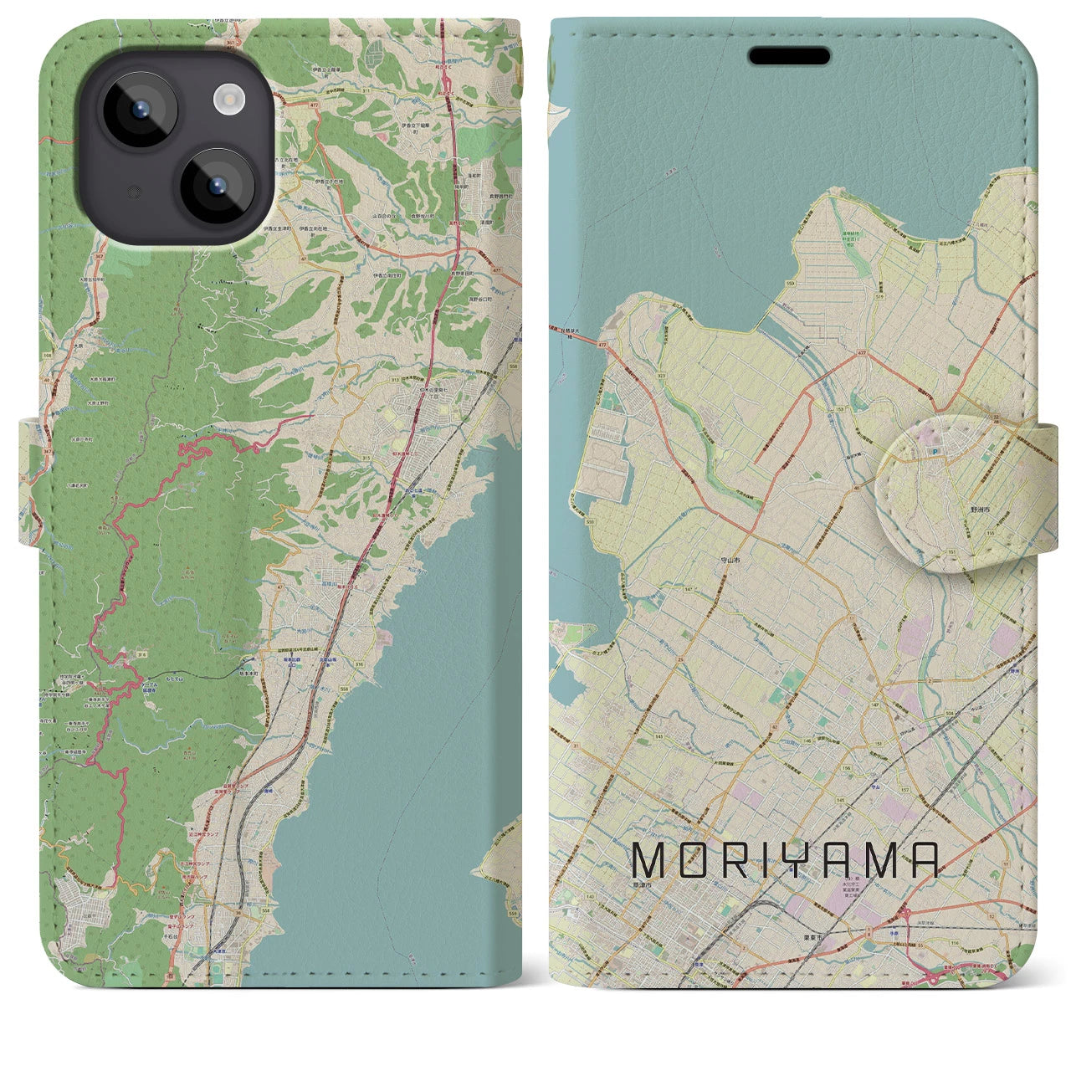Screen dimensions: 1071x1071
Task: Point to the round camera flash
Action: click(x=227, y=100)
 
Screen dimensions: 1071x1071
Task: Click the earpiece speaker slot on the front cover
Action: click(x=789, y=56)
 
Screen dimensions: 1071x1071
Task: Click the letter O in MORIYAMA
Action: click(x=693, y=859)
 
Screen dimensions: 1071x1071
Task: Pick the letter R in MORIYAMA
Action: click(x=736, y=859)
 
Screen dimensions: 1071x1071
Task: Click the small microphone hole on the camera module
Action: click(x=131, y=192)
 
